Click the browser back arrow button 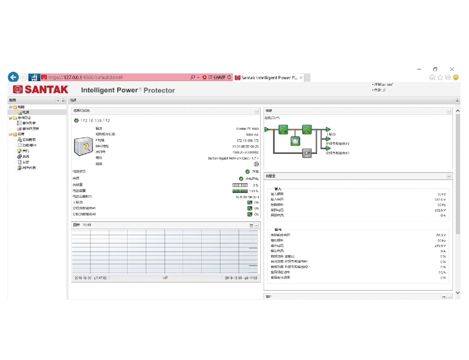(x=13, y=77)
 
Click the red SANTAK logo (x=41, y=89)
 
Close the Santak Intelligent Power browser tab (x=301, y=77)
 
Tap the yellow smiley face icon (x=455, y=77)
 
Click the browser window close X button (x=452, y=69)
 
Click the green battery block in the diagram (x=295, y=141)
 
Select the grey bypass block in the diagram (x=307, y=153)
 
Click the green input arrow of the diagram (x=267, y=129)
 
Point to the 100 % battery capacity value (x=253, y=191)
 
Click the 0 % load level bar (x=240, y=185)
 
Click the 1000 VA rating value (x=252, y=134)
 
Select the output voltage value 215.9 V (x=439, y=246)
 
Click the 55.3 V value (x=440, y=235)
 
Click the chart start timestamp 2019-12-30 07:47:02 (x=91, y=278)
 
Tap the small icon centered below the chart (x=165, y=277)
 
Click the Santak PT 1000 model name (x=247, y=128)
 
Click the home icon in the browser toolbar (x=432, y=77)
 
